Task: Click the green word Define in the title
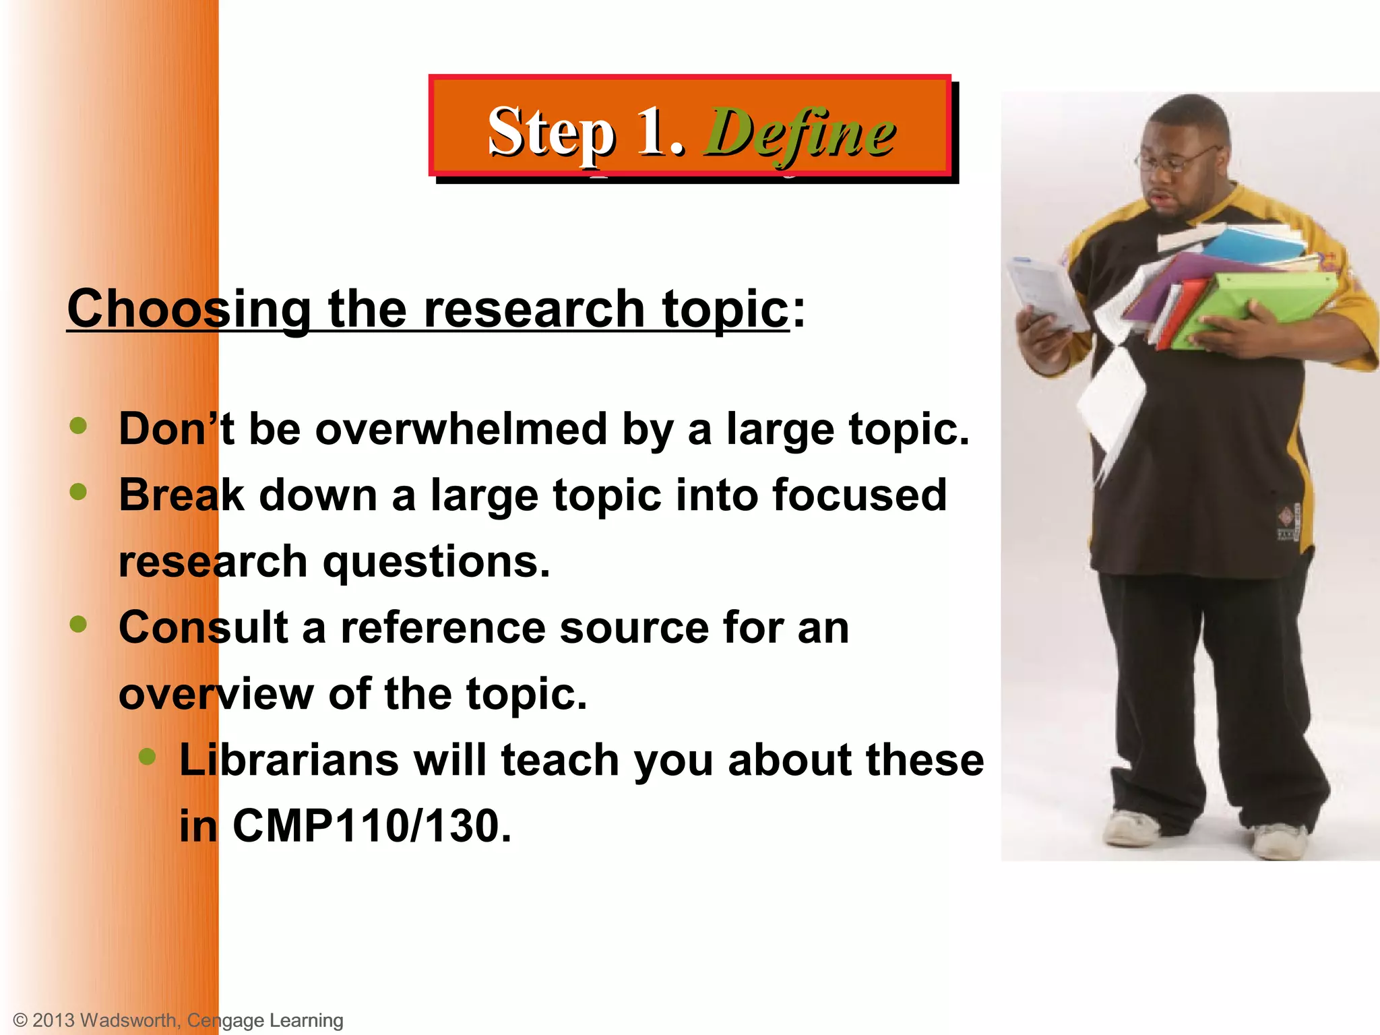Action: coord(800,133)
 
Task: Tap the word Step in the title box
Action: coord(551,131)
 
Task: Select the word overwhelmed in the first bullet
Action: coord(462,429)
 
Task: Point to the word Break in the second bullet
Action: coord(181,495)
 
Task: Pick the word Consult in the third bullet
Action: coord(203,627)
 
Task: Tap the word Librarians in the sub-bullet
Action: coord(289,760)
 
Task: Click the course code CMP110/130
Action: coord(372,826)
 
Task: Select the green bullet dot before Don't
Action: coord(79,426)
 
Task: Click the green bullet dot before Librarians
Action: coord(147,757)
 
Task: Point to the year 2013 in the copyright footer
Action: coord(53,1020)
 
